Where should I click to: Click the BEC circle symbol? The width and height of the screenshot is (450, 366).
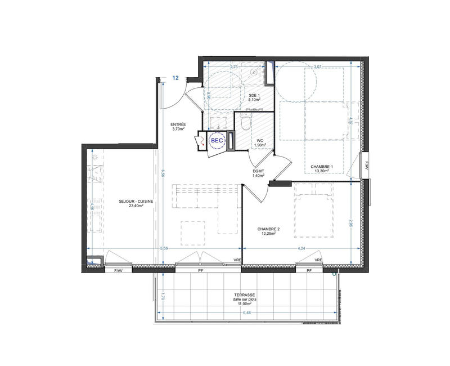pyautogui.click(x=217, y=140)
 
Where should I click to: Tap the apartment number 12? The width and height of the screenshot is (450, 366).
pyautogui.click(x=176, y=78)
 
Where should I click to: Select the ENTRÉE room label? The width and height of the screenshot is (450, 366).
pyautogui.click(x=178, y=124)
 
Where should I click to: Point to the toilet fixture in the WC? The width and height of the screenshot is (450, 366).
pyautogui.click(x=244, y=120)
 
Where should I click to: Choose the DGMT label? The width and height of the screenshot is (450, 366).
pyautogui.click(x=259, y=171)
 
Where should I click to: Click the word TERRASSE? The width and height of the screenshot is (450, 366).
pyautogui.click(x=246, y=294)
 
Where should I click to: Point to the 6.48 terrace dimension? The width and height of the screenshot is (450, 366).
pyautogui.click(x=246, y=314)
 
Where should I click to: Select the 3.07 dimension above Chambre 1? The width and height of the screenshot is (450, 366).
pyautogui.click(x=317, y=67)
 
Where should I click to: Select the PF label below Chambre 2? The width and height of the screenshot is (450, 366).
pyautogui.click(x=309, y=271)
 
